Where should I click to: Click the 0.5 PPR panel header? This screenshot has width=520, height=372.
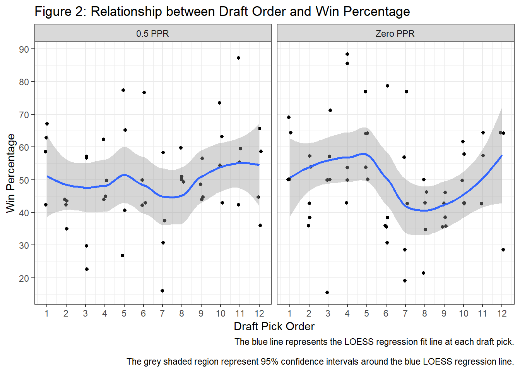pos(152,34)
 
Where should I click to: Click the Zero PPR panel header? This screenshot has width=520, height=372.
pos(395,34)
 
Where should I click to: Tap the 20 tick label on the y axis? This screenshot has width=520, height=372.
pos(24,278)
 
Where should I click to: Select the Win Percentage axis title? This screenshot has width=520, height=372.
pos(11,173)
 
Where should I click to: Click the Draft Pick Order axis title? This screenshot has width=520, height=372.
pos(274,326)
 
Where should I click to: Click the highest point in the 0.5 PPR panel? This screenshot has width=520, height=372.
pos(238,58)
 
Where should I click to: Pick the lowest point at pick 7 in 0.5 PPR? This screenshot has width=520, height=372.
pos(162,291)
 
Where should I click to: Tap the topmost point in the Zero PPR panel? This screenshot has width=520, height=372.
pos(347,54)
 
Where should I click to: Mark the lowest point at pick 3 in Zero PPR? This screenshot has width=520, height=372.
pos(327,293)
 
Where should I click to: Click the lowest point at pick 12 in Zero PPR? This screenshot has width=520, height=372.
pos(503,250)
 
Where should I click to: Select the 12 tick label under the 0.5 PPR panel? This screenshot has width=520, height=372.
pos(259,313)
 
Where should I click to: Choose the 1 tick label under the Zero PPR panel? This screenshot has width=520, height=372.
pos(289,313)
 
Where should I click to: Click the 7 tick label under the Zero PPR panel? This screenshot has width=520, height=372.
pos(405,313)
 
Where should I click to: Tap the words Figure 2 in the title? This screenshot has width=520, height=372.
pos(60,12)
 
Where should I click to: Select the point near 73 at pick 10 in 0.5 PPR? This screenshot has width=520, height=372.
pos(219,103)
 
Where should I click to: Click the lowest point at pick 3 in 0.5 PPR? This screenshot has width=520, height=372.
pos(87,269)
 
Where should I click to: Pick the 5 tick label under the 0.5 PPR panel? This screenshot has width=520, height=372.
pos(124,313)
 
